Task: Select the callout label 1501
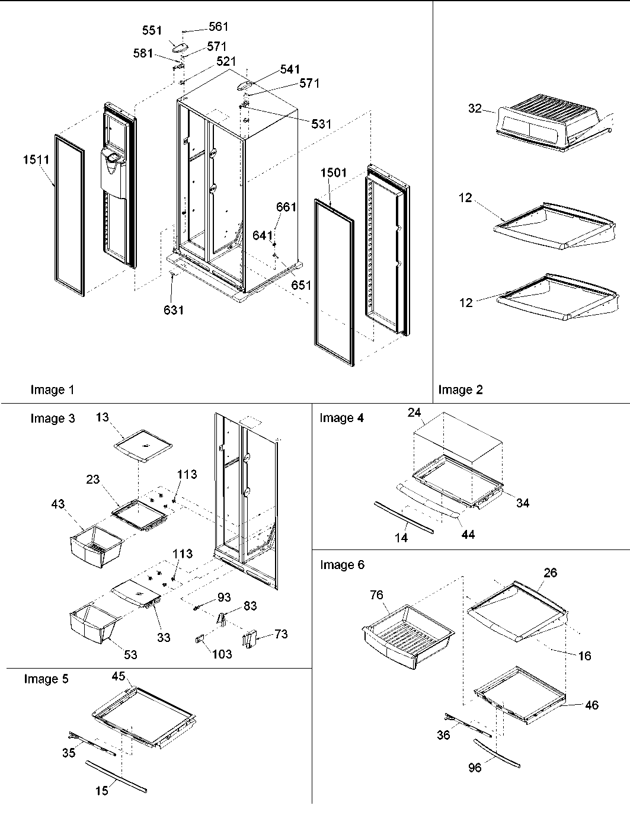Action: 333,173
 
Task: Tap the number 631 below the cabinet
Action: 174,309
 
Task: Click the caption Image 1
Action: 52,389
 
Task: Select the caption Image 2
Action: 460,389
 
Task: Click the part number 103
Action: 222,654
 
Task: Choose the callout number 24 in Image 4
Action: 414,413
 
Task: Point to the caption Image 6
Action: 342,564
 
